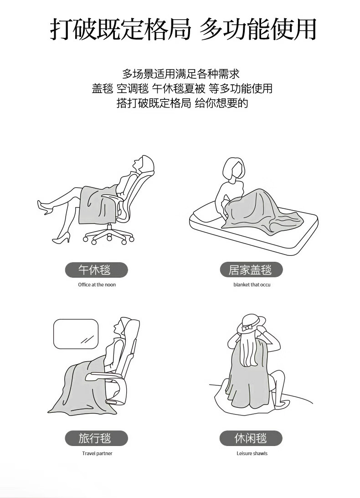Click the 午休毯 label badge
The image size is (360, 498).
click(x=97, y=270)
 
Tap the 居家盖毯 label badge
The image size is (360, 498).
click(x=251, y=270)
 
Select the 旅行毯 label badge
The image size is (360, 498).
click(x=97, y=438)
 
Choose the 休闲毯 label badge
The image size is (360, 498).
click(x=251, y=438)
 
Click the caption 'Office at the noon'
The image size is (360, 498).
click(x=97, y=285)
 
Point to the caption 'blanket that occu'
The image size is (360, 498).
click(x=252, y=285)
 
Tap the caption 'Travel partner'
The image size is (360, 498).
click(x=97, y=453)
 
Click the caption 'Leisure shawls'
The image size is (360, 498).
click(x=252, y=453)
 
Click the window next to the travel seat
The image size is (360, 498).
click(x=76, y=334)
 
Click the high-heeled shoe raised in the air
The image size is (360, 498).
click(x=44, y=207)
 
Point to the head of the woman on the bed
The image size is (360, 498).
click(x=234, y=170)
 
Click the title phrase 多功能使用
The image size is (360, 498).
click(x=258, y=29)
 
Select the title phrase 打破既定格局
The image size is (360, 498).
click(x=120, y=29)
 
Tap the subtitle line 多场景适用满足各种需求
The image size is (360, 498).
click(x=180, y=74)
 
